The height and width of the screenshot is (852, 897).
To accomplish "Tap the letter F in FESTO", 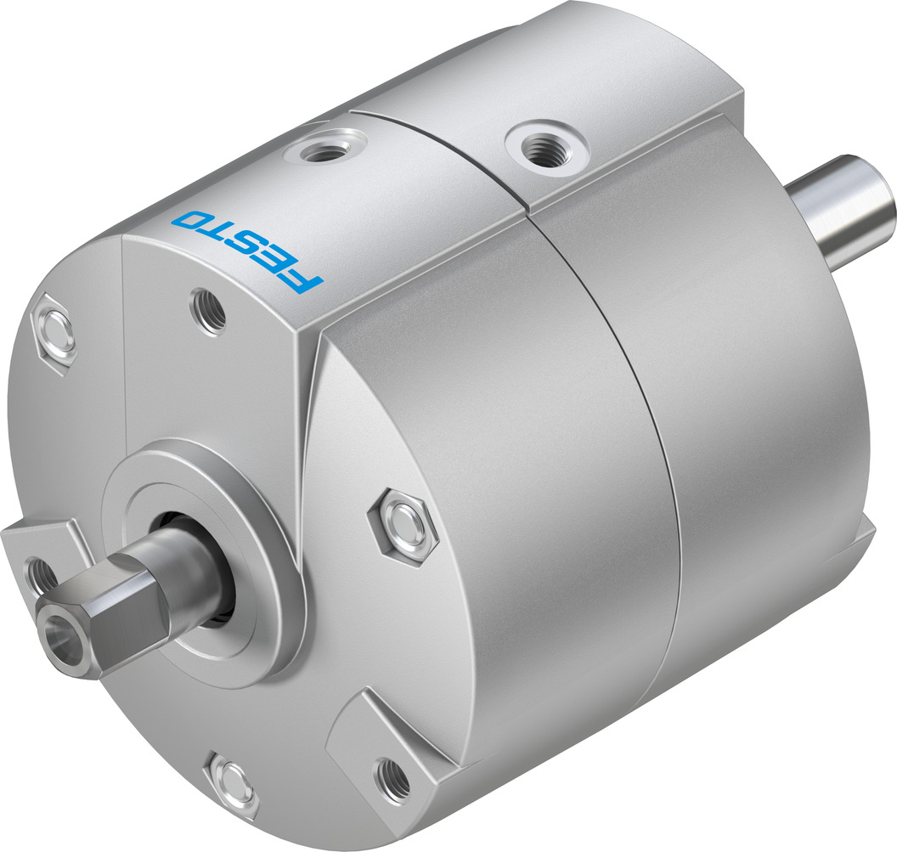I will click(x=303, y=281).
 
